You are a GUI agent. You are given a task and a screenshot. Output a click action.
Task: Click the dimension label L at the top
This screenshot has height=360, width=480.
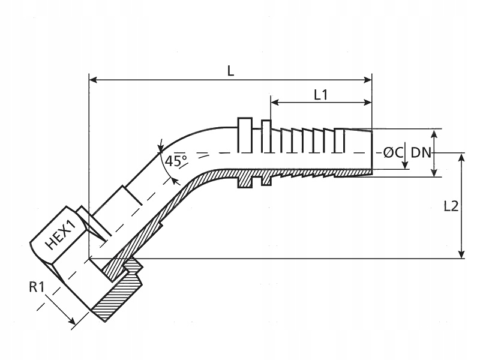230,70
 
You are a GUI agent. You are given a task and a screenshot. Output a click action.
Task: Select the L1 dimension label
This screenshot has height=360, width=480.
321,94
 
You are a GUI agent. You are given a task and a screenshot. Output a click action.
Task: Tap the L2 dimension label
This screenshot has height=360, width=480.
451,206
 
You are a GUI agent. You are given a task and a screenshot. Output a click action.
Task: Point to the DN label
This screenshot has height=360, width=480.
421,152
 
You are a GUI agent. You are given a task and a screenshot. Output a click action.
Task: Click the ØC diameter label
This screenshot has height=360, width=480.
393,152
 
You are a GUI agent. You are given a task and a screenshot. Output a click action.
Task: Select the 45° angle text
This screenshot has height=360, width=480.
176,161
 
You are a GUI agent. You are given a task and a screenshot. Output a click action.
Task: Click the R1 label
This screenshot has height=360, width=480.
37,287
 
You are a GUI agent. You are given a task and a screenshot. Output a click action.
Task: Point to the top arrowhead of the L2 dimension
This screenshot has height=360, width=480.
461,158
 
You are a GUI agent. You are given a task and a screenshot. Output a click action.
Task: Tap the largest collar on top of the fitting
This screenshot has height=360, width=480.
245,134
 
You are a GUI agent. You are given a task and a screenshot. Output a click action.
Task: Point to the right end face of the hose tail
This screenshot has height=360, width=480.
371,152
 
